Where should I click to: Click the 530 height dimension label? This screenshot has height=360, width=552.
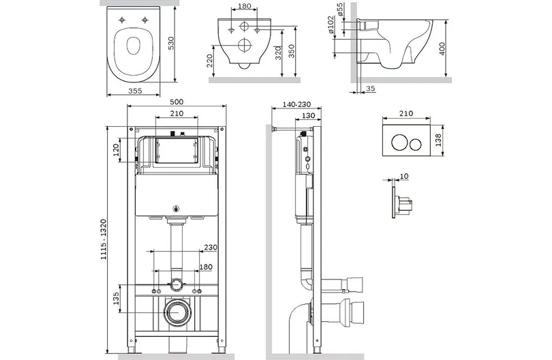coord(171,43)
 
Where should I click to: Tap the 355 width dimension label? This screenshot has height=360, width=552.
coord(135,91)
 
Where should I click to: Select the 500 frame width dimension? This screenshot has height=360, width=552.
coord(177,102)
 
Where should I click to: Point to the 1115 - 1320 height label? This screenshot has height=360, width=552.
coord(103,239)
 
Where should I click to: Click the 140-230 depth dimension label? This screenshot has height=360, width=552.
coord(296,104)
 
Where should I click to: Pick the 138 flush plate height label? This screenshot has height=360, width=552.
coord(438,140)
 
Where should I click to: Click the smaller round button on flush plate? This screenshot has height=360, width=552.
coord(416,143)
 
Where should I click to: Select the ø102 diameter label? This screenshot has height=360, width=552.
coord(331,25)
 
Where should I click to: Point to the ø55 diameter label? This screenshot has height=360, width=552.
coord(340,10)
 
